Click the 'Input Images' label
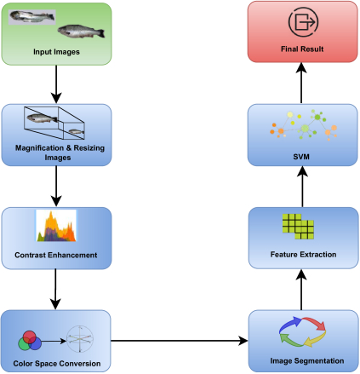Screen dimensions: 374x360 click(57, 53)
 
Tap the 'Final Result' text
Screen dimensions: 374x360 click(300, 49)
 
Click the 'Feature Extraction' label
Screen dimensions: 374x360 click(300, 254)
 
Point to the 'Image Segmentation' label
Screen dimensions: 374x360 click(300, 360)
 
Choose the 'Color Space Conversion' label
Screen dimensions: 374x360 click(57, 364)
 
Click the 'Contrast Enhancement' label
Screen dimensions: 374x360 click(57, 255)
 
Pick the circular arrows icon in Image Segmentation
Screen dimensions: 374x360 click(300, 332)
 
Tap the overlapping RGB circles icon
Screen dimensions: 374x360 click(30, 342)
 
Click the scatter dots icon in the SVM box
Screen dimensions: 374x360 click(300, 124)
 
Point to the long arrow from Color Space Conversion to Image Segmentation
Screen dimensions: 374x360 click(179, 342)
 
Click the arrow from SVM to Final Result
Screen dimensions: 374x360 click(300, 83)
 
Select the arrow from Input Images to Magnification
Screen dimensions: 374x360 click(57, 83)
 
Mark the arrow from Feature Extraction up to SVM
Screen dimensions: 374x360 click(300, 187)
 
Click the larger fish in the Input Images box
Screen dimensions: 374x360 click(83, 33)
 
